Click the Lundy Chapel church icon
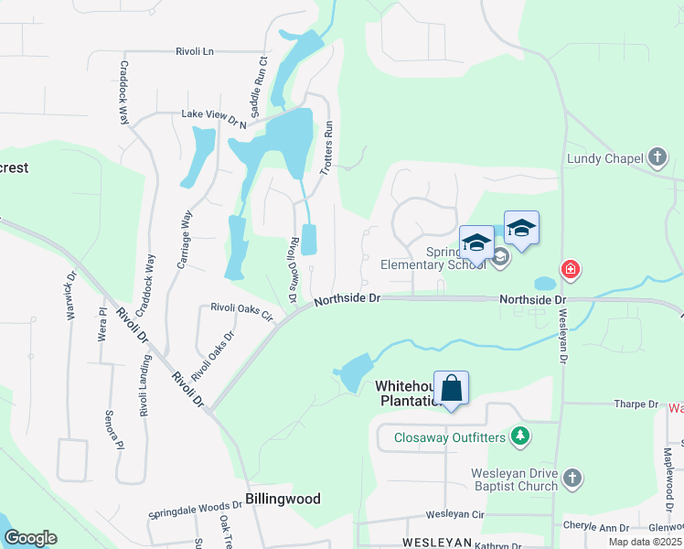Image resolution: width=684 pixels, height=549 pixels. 657,157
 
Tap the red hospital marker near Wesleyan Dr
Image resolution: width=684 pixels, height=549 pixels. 571,269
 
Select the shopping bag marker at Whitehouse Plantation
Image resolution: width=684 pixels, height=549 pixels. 452,388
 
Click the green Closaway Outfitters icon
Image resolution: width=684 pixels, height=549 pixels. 520,436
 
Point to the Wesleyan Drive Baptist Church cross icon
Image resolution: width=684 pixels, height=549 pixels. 572,478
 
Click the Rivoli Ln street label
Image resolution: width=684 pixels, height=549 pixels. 195,51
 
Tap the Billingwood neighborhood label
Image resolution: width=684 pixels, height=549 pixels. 283,499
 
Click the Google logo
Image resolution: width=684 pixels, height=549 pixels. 29,538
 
